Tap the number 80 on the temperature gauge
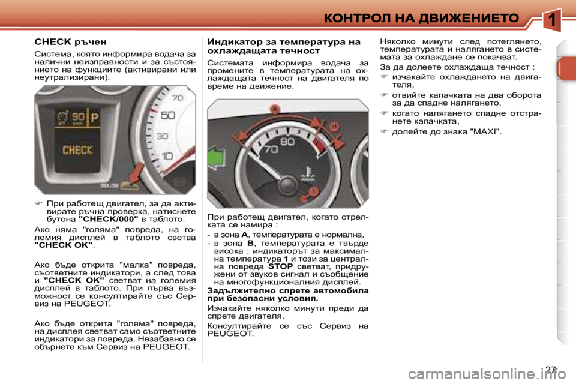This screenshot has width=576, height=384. pos(288,142)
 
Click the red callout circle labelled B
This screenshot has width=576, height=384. pos(334,125)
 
